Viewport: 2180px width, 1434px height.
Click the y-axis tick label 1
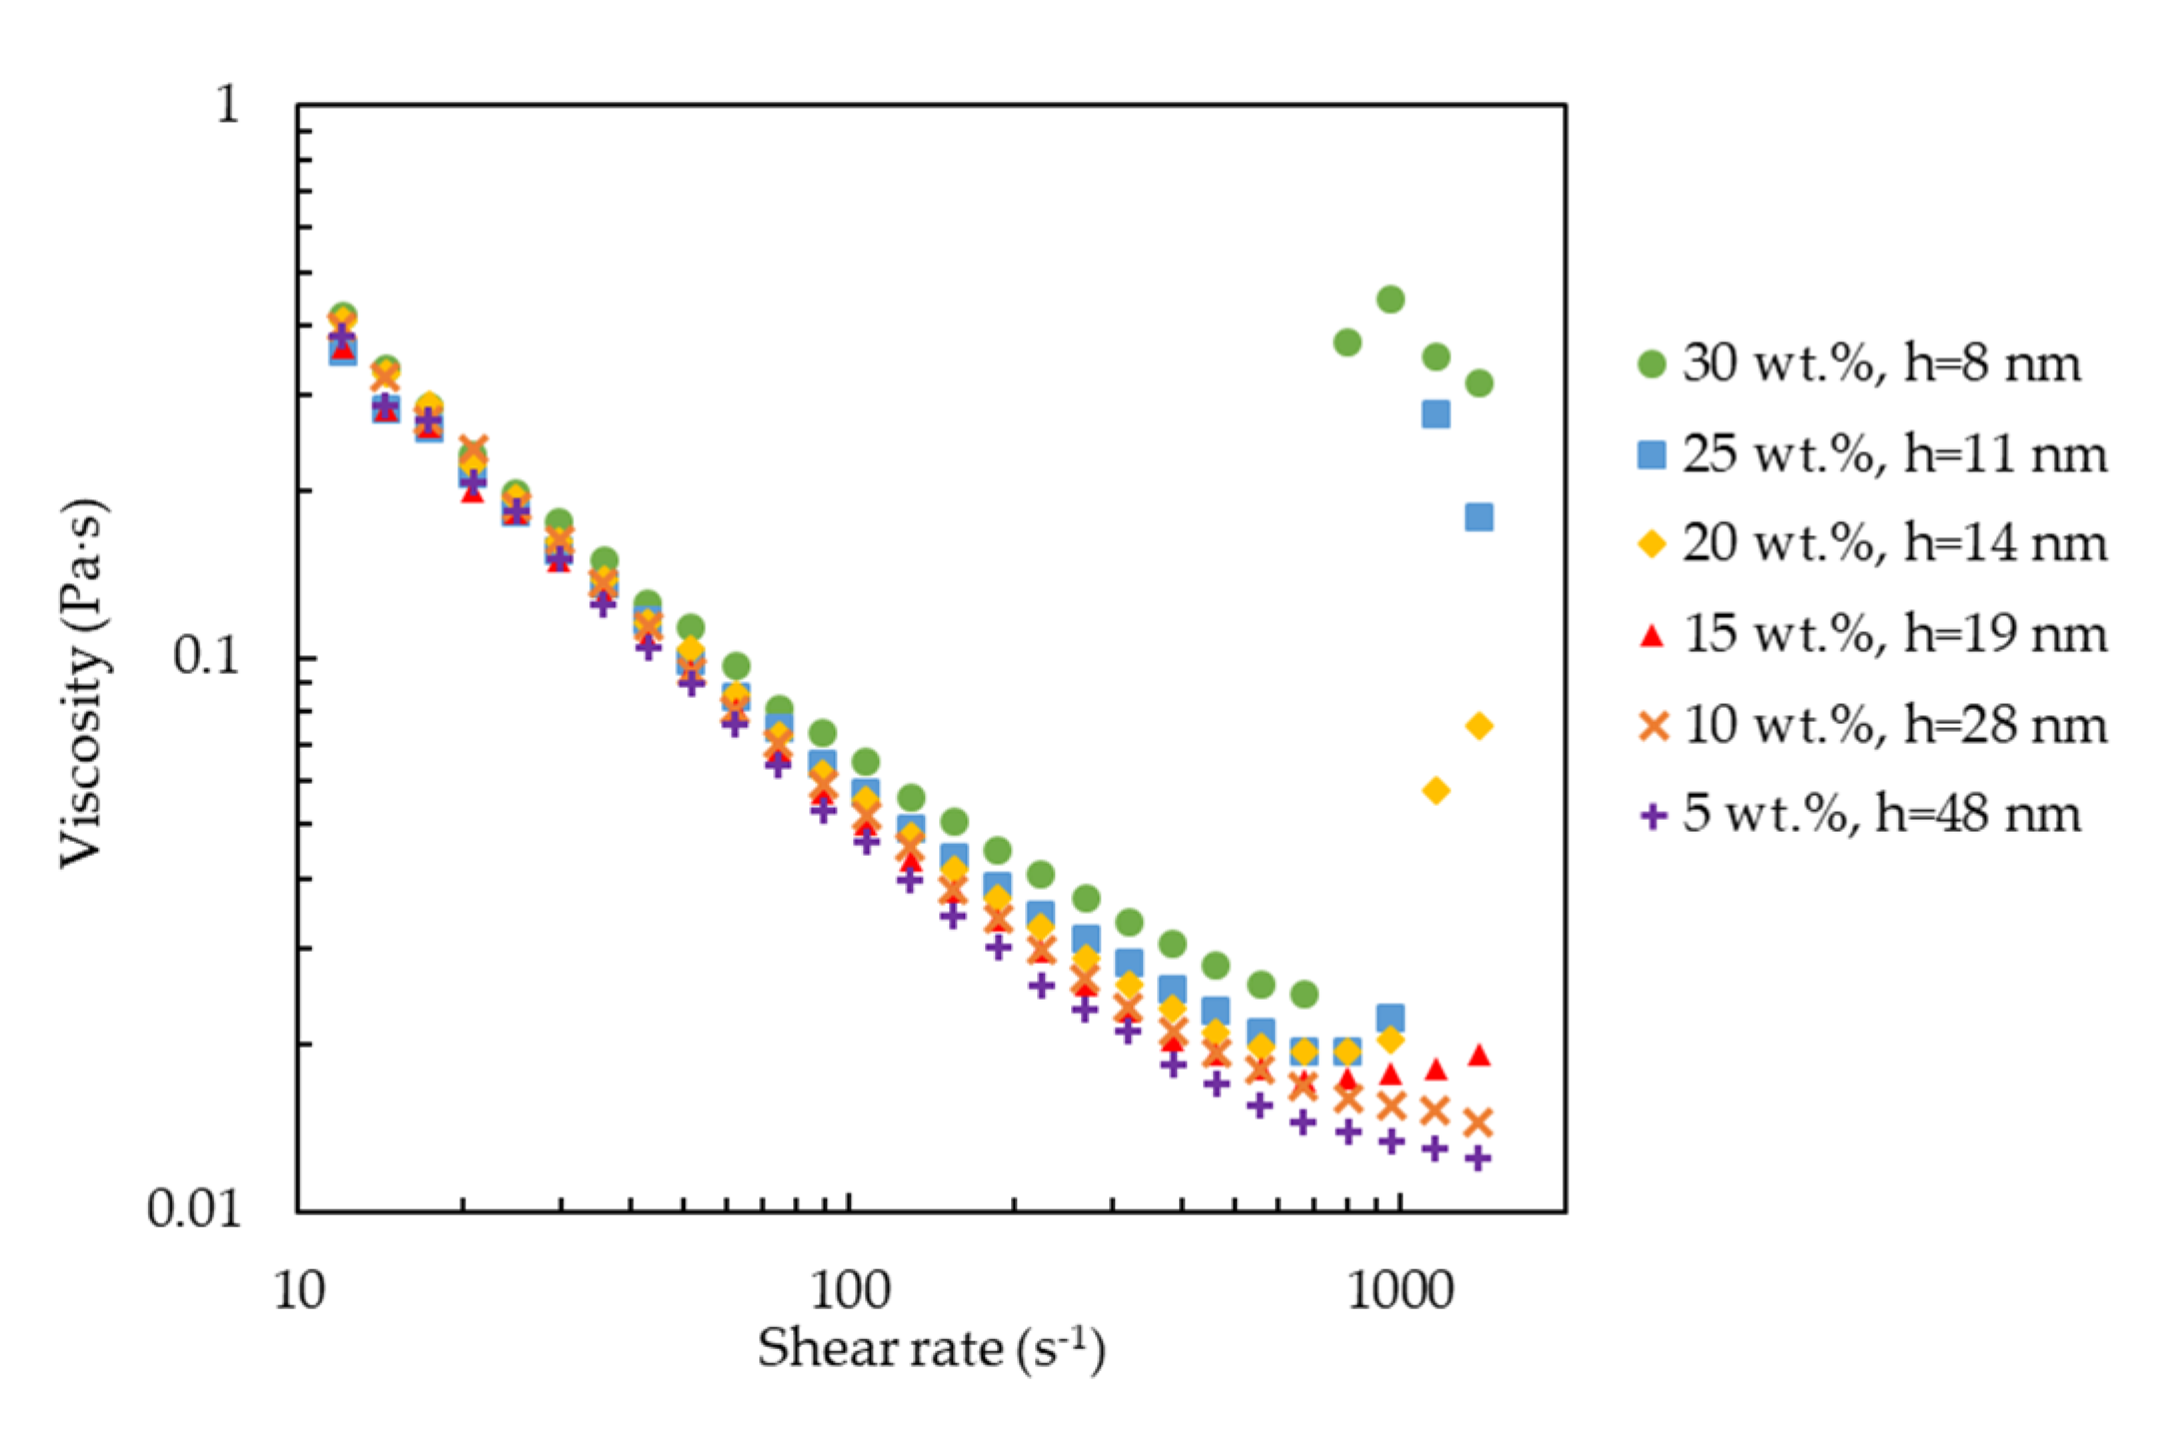coord(229,103)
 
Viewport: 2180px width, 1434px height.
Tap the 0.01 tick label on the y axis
coord(194,1208)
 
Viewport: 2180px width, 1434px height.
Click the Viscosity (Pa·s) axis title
coord(82,683)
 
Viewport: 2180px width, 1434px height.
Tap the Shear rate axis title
coord(930,1349)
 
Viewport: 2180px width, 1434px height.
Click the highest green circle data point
coord(1391,299)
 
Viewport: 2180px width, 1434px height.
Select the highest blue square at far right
coord(1436,413)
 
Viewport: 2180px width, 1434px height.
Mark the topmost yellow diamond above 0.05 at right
coord(1480,726)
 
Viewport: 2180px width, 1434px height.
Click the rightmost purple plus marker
coord(1480,1158)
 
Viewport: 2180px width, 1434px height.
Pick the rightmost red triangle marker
coord(1480,1056)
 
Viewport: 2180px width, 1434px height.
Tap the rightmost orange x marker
coord(1480,1123)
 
